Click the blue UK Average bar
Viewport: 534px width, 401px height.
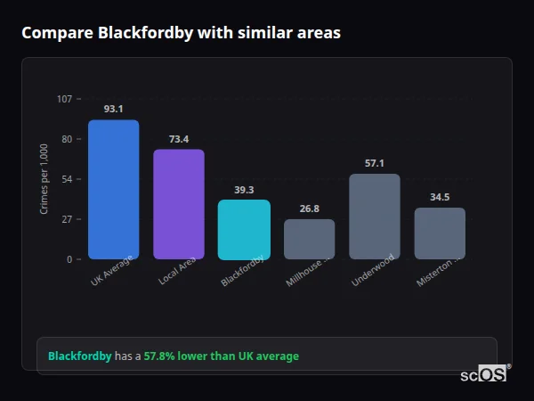coord(113,190)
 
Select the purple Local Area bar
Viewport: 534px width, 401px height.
coord(178,204)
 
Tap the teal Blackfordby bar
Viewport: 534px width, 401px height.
coord(244,230)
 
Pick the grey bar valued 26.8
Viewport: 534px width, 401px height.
coord(309,239)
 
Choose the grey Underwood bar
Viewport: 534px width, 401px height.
coord(374,217)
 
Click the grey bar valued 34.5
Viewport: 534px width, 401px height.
coord(440,233)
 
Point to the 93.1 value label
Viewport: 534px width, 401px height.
coord(113,109)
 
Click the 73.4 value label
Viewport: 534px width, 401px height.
coord(178,139)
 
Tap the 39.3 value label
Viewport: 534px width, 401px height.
coord(244,190)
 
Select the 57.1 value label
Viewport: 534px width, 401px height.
coord(374,163)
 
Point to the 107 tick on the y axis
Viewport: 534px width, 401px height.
coord(64,99)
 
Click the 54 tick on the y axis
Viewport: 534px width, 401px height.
coord(67,179)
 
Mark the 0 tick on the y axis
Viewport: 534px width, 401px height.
coord(69,259)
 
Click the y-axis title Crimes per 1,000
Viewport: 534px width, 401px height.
coord(44,179)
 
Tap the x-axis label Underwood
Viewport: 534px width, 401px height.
coord(372,268)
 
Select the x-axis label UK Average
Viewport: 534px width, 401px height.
coord(111,271)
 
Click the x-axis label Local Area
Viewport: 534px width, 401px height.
coord(177,271)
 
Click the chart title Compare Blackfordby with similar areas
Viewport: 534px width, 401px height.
coord(181,33)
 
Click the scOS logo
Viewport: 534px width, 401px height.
coord(484,374)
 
